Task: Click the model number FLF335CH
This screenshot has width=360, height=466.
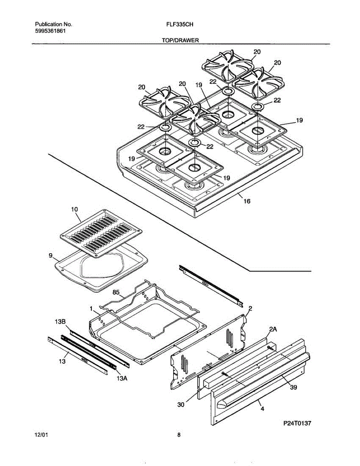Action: [180, 24]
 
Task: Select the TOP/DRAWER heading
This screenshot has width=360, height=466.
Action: [180, 40]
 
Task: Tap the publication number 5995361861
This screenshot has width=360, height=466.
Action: [49, 31]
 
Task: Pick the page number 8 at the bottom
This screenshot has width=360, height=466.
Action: [179, 435]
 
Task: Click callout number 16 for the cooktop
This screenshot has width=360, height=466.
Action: [247, 201]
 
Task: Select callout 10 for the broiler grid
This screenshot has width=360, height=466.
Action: [75, 209]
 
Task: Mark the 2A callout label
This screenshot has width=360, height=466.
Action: [273, 329]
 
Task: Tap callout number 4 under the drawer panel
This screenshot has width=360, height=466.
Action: [263, 409]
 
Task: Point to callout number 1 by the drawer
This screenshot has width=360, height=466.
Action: [91, 309]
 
